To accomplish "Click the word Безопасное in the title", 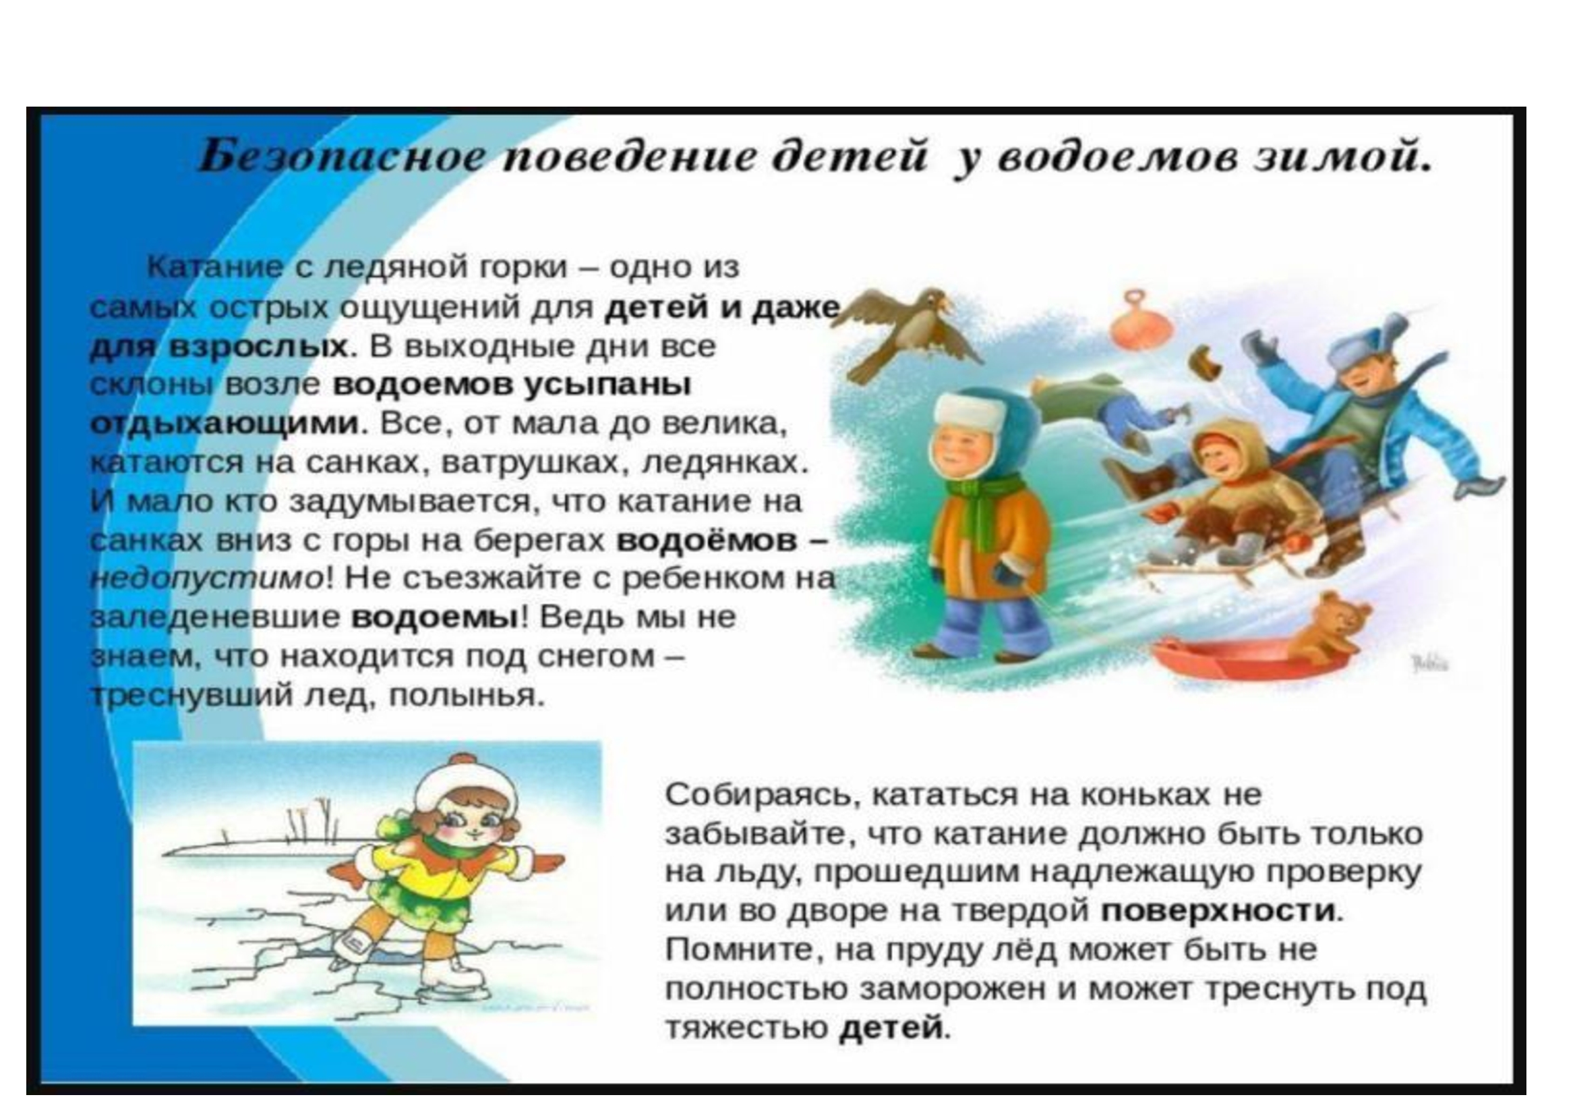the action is point(340,157).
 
